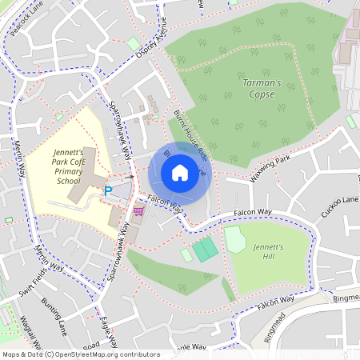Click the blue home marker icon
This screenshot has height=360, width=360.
pos(180,173)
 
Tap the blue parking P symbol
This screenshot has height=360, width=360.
pos(108,191)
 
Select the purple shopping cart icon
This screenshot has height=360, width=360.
pos(138,211)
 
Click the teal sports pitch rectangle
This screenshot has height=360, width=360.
pos(205,249)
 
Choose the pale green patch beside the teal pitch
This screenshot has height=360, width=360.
pos(186,254)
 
